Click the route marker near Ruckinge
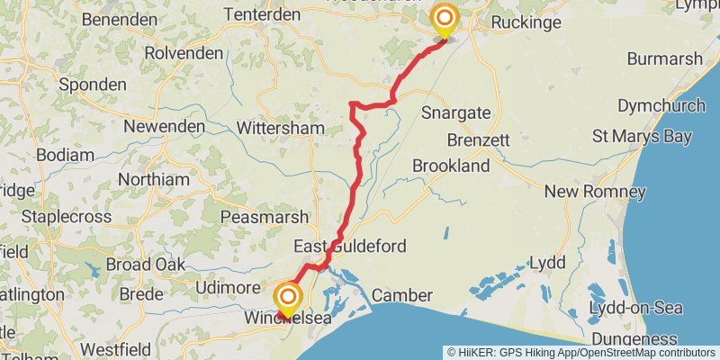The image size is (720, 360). tap(445, 19)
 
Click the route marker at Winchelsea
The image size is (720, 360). tap(288, 299)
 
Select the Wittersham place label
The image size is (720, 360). tap(280, 129)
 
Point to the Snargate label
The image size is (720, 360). tap(456, 112)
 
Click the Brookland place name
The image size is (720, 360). tap(451, 166)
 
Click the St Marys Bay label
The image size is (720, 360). tap(642, 137)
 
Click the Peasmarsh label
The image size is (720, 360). tap(265, 218)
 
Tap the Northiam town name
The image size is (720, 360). tap(154, 179)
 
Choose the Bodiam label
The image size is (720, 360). tap(66, 155)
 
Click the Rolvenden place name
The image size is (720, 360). tap(184, 53)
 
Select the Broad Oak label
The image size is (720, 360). tap(145, 264)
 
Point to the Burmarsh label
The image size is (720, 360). tap(664, 59)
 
